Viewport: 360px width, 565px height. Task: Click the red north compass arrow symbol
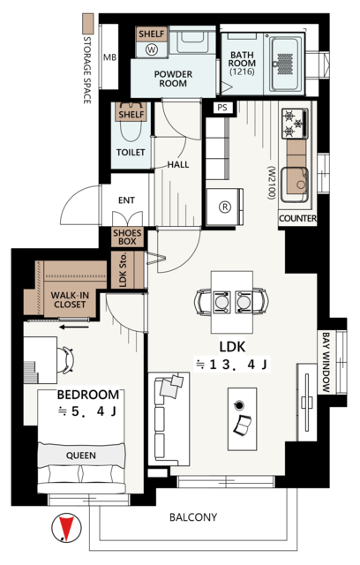pyautogui.click(x=66, y=528)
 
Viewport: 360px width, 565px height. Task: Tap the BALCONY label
pyautogui.click(x=193, y=517)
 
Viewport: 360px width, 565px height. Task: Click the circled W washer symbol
pyautogui.click(x=152, y=49)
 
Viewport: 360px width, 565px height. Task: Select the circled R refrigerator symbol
pyautogui.click(x=225, y=207)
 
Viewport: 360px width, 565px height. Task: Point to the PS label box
pyautogui.click(x=222, y=108)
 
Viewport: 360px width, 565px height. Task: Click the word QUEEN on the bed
pyautogui.click(x=81, y=456)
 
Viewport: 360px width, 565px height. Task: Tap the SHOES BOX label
pyautogui.click(x=127, y=237)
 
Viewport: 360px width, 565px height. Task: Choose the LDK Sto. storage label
pyautogui.click(x=123, y=270)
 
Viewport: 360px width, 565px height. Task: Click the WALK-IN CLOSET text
pyautogui.click(x=70, y=300)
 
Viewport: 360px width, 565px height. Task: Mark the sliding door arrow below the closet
pyautogui.click(x=74, y=328)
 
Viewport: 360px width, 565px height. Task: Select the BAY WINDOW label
pyautogui.click(x=326, y=362)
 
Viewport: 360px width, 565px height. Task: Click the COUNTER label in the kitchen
pyautogui.click(x=297, y=218)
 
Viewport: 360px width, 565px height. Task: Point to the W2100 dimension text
pyautogui.click(x=272, y=183)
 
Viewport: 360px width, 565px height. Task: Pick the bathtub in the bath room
pyautogui.click(x=287, y=64)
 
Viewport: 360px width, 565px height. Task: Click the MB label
pyautogui.click(x=109, y=57)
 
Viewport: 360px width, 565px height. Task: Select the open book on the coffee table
pyautogui.click(x=243, y=426)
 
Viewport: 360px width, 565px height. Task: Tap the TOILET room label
pyautogui.click(x=131, y=153)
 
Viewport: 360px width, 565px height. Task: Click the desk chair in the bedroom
pyautogui.click(x=65, y=359)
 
